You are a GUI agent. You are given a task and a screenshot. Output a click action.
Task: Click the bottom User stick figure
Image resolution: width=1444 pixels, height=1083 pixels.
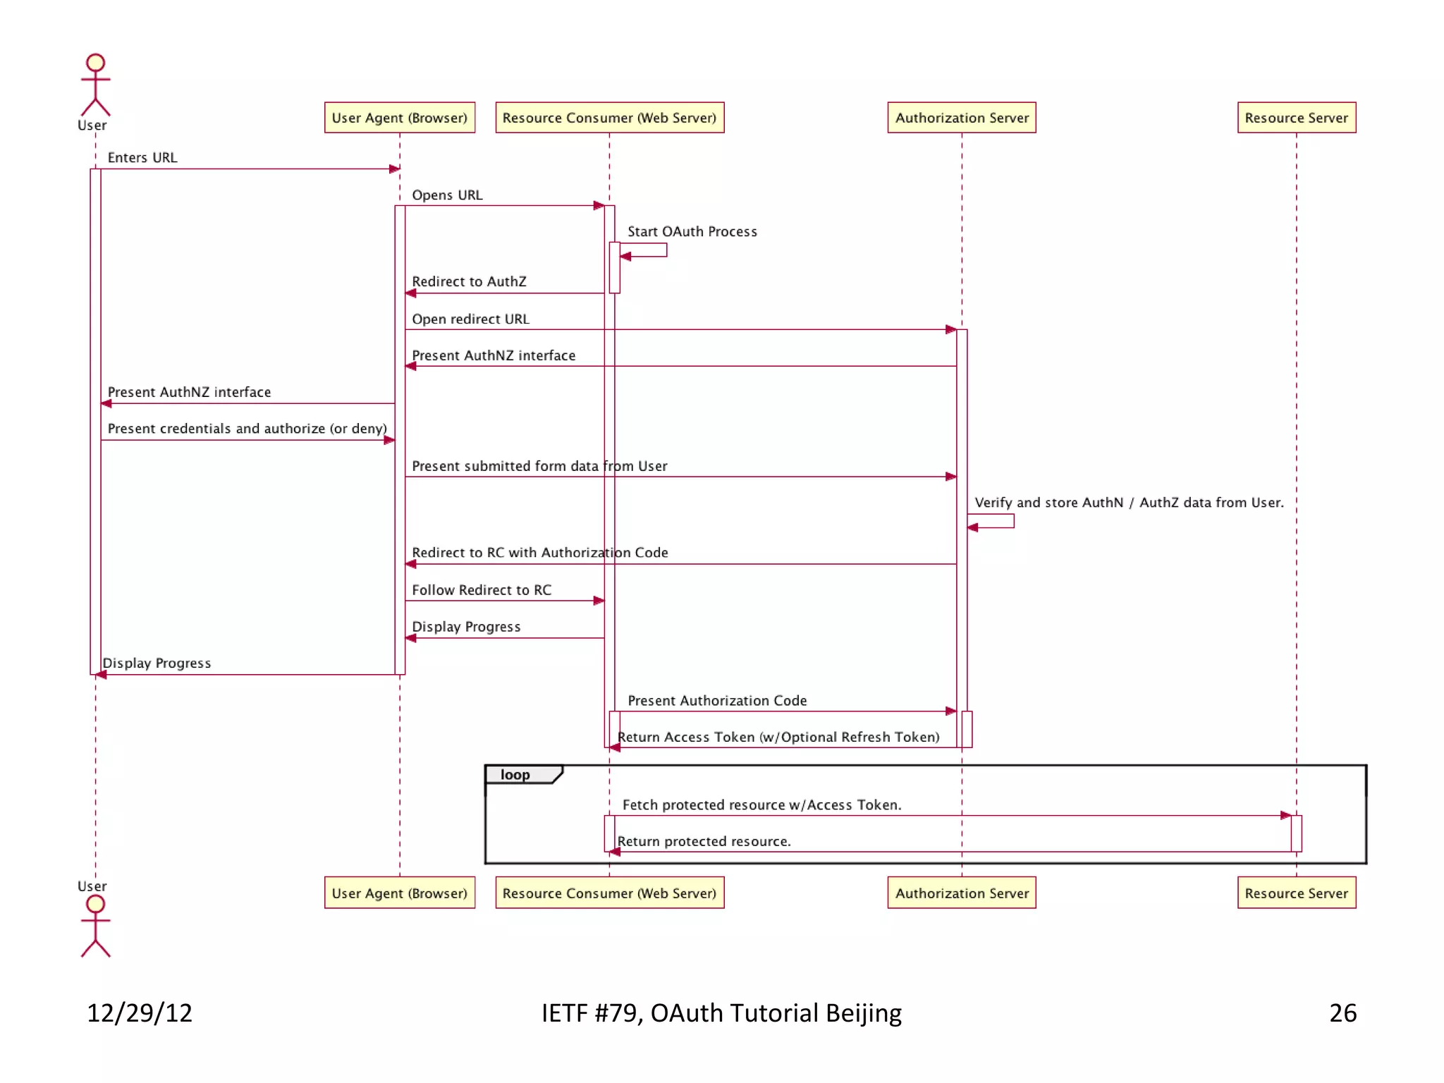[x=95, y=926]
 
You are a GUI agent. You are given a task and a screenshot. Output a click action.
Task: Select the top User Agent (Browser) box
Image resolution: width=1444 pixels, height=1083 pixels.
[x=399, y=118]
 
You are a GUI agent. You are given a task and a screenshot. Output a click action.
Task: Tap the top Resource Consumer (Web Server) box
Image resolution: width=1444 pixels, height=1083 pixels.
[x=609, y=118]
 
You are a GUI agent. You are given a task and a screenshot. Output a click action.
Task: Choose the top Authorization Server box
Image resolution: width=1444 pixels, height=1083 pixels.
[x=962, y=118]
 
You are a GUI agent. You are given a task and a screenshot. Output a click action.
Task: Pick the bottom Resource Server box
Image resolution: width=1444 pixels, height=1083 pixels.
[x=1296, y=893]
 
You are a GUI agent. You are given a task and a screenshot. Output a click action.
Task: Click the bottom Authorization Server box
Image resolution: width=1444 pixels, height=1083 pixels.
[x=962, y=893]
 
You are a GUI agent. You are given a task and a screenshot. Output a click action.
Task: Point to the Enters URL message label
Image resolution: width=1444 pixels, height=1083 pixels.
[x=142, y=158]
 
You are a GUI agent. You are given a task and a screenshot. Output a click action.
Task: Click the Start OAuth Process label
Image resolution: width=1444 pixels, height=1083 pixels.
[x=692, y=232]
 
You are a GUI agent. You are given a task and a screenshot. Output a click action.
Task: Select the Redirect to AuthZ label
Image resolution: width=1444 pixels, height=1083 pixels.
[x=469, y=282]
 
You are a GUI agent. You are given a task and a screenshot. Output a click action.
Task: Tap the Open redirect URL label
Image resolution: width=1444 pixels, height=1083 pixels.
[x=470, y=319]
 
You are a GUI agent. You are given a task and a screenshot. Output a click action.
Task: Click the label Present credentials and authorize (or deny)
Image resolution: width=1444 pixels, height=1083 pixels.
[x=247, y=429]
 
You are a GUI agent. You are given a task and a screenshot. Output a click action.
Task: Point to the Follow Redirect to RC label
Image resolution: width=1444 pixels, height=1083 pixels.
[x=482, y=590]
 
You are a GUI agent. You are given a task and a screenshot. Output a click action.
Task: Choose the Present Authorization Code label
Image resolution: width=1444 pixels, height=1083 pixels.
[x=717, y=701]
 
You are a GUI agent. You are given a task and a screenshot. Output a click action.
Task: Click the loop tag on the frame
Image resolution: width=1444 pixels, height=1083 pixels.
[x=515, y=775]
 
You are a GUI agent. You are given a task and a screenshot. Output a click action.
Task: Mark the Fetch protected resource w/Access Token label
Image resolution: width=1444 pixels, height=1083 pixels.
[x=761, y=805]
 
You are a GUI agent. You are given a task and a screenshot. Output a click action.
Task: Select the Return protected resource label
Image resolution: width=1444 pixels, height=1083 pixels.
[x=704, y=842]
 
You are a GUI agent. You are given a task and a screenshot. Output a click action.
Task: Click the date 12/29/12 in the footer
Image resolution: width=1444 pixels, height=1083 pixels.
[x=140, y=1013]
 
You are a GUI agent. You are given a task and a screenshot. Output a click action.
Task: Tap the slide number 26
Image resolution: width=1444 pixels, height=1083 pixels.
[x=1342, y=1013]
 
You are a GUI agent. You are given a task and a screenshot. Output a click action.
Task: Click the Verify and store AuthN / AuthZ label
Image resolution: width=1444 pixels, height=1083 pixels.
[x=1129, y=503]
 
